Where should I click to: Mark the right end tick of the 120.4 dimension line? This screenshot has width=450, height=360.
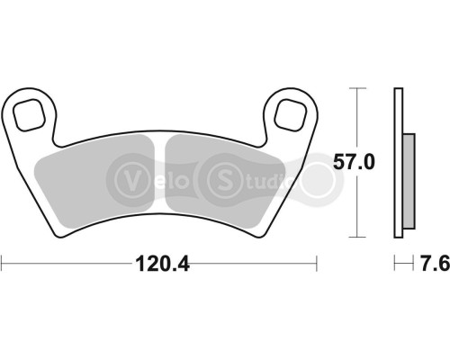click(318, 264)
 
